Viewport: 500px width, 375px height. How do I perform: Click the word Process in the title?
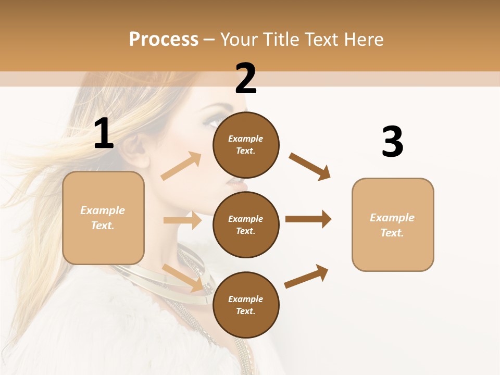coord(164,39)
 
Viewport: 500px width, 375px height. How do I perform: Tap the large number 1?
coord(104,134)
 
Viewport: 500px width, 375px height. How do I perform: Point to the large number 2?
coord(246,79)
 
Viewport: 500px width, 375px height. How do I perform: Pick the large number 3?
coord(392,142)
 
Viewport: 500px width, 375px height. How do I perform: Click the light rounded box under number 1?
coord(103,218)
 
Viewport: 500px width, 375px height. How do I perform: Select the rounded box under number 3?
coord(393,224)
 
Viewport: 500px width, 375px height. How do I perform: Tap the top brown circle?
coord(246,144)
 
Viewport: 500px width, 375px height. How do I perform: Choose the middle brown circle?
coord(246,224)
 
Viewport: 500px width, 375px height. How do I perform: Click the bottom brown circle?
coord(246,305)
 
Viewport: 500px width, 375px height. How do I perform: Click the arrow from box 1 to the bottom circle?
coord(183,277)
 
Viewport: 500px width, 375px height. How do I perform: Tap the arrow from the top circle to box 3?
coord(310,166)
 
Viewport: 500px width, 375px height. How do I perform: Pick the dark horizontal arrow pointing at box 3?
coord(308,219)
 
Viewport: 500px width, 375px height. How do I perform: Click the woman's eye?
coord(213,122)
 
